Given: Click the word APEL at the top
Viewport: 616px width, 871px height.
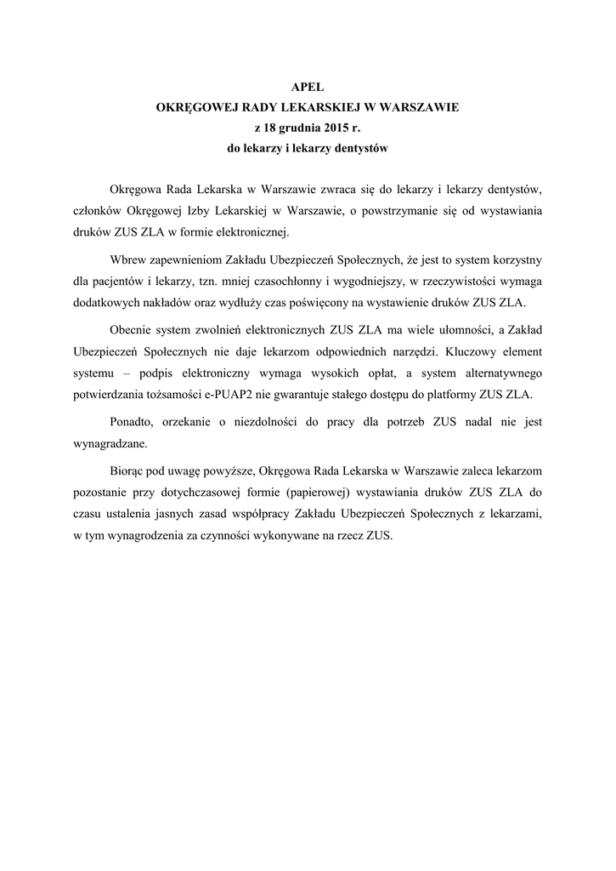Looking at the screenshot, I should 308,86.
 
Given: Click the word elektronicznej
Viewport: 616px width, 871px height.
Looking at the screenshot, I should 254,231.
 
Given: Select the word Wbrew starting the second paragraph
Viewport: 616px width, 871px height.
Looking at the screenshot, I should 128,259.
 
